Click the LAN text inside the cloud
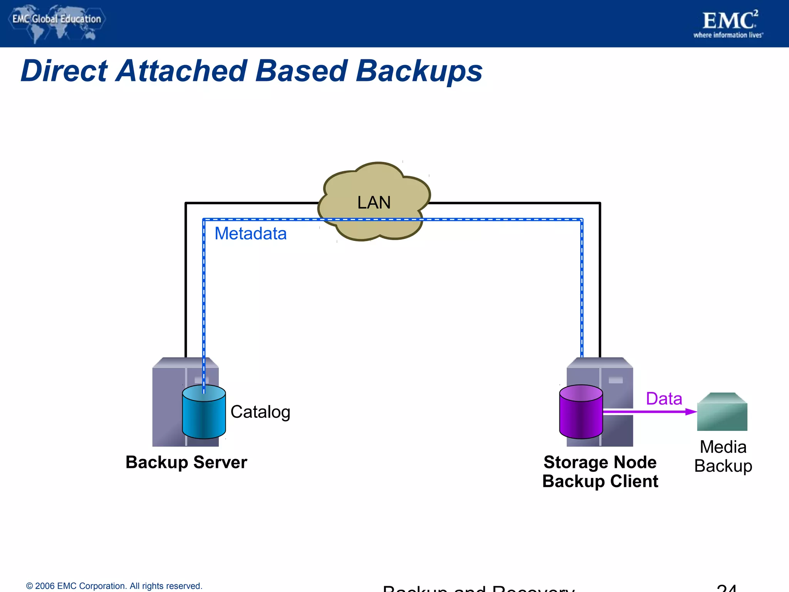point(374,203)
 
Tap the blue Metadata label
point(250,234)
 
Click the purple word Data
point(664,399)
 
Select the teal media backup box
point(722,412)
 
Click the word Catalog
point(260,412)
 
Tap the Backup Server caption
point(186,462)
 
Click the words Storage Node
point(600,462)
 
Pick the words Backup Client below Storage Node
point(600,481)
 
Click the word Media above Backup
point(723,447)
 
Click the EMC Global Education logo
point(56,21)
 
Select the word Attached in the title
point(181,71)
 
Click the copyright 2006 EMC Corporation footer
point(114,586)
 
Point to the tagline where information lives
point(728,35)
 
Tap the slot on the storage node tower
point(615,380)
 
